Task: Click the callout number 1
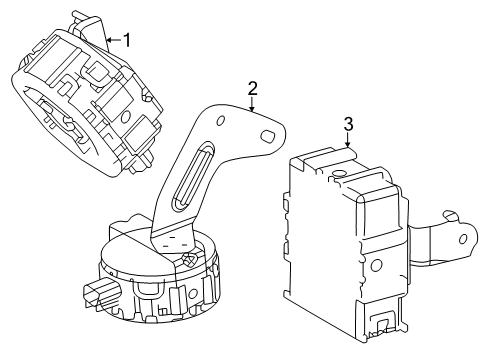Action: point(127,40)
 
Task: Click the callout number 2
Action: point(252,87)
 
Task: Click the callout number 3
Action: point(347,124)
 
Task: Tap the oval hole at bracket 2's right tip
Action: point(268,134)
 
